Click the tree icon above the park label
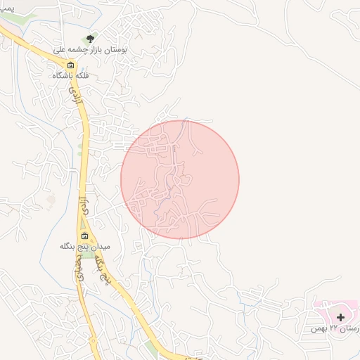[x=89, y=39]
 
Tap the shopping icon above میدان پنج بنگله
[x=85, y=236]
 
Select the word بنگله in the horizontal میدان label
[x=72, y=247]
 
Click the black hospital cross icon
[x=341, y=317]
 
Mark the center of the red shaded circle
[x=180, y=179]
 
